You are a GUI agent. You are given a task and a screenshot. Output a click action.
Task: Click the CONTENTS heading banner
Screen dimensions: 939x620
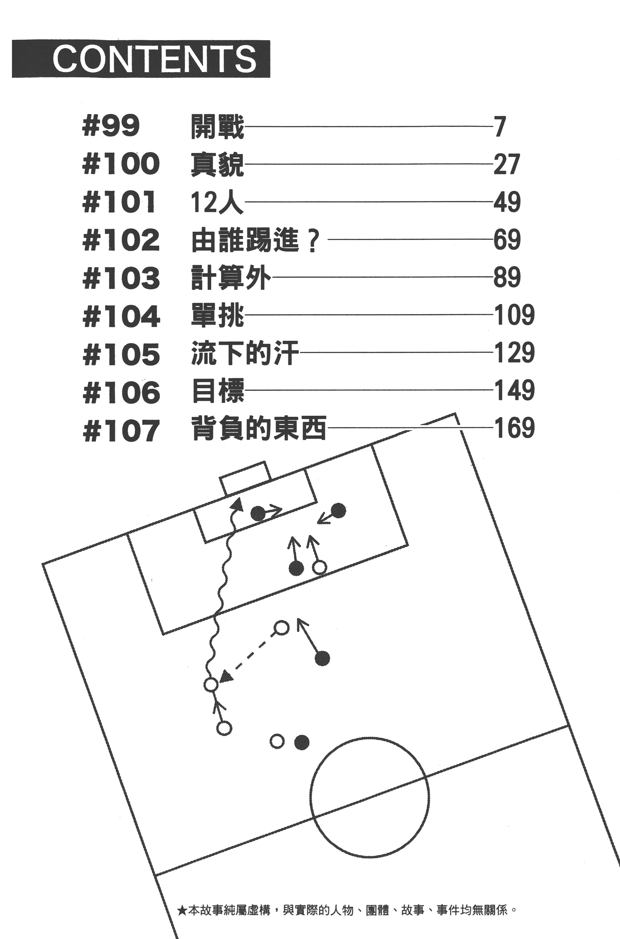[141, 59]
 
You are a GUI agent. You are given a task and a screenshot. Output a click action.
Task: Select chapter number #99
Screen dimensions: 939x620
[111, 127]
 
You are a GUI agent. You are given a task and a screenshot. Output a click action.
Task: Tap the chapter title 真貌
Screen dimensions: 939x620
[217, 165]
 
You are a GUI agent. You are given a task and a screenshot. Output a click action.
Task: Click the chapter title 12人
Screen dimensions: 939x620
[217, 202]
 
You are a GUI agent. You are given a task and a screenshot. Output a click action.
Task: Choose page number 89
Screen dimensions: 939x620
[507, 277]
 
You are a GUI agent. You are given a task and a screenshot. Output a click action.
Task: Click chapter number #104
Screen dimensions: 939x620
[121, 316]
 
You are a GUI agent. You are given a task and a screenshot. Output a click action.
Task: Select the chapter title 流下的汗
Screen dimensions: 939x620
[245, 353]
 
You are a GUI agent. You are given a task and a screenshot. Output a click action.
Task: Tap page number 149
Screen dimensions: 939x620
[514, 390]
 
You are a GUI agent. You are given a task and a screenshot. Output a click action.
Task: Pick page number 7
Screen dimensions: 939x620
[500, 127]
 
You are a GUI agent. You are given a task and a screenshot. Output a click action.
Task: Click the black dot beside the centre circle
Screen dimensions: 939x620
[302, 743]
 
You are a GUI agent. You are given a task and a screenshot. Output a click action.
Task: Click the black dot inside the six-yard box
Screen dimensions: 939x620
[258, 513]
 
